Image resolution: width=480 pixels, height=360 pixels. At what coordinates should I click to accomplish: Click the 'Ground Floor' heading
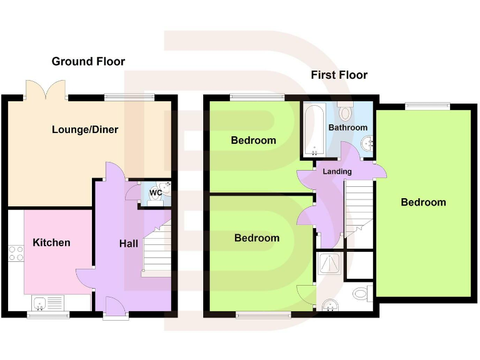click(88, 61)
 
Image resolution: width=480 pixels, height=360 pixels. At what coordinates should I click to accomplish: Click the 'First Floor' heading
click(339, 75)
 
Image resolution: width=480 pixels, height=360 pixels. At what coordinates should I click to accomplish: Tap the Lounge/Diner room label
click(85, 130)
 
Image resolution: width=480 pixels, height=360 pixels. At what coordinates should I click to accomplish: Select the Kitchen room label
click(52, 242)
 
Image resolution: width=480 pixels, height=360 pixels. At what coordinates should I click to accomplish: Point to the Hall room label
click(129, 244)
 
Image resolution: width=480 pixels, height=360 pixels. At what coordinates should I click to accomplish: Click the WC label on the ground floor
click(156, 193)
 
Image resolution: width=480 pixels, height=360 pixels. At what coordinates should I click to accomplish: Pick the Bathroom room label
click(348, 127)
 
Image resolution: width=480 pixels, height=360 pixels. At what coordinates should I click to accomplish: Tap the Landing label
click(337, 171)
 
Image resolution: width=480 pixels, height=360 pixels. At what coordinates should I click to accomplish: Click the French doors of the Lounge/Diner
click(46, 90)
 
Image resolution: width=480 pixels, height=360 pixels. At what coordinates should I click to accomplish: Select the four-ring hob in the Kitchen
click(16, 253)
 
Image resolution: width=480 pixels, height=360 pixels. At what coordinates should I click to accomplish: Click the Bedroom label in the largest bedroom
click(423, 202)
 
